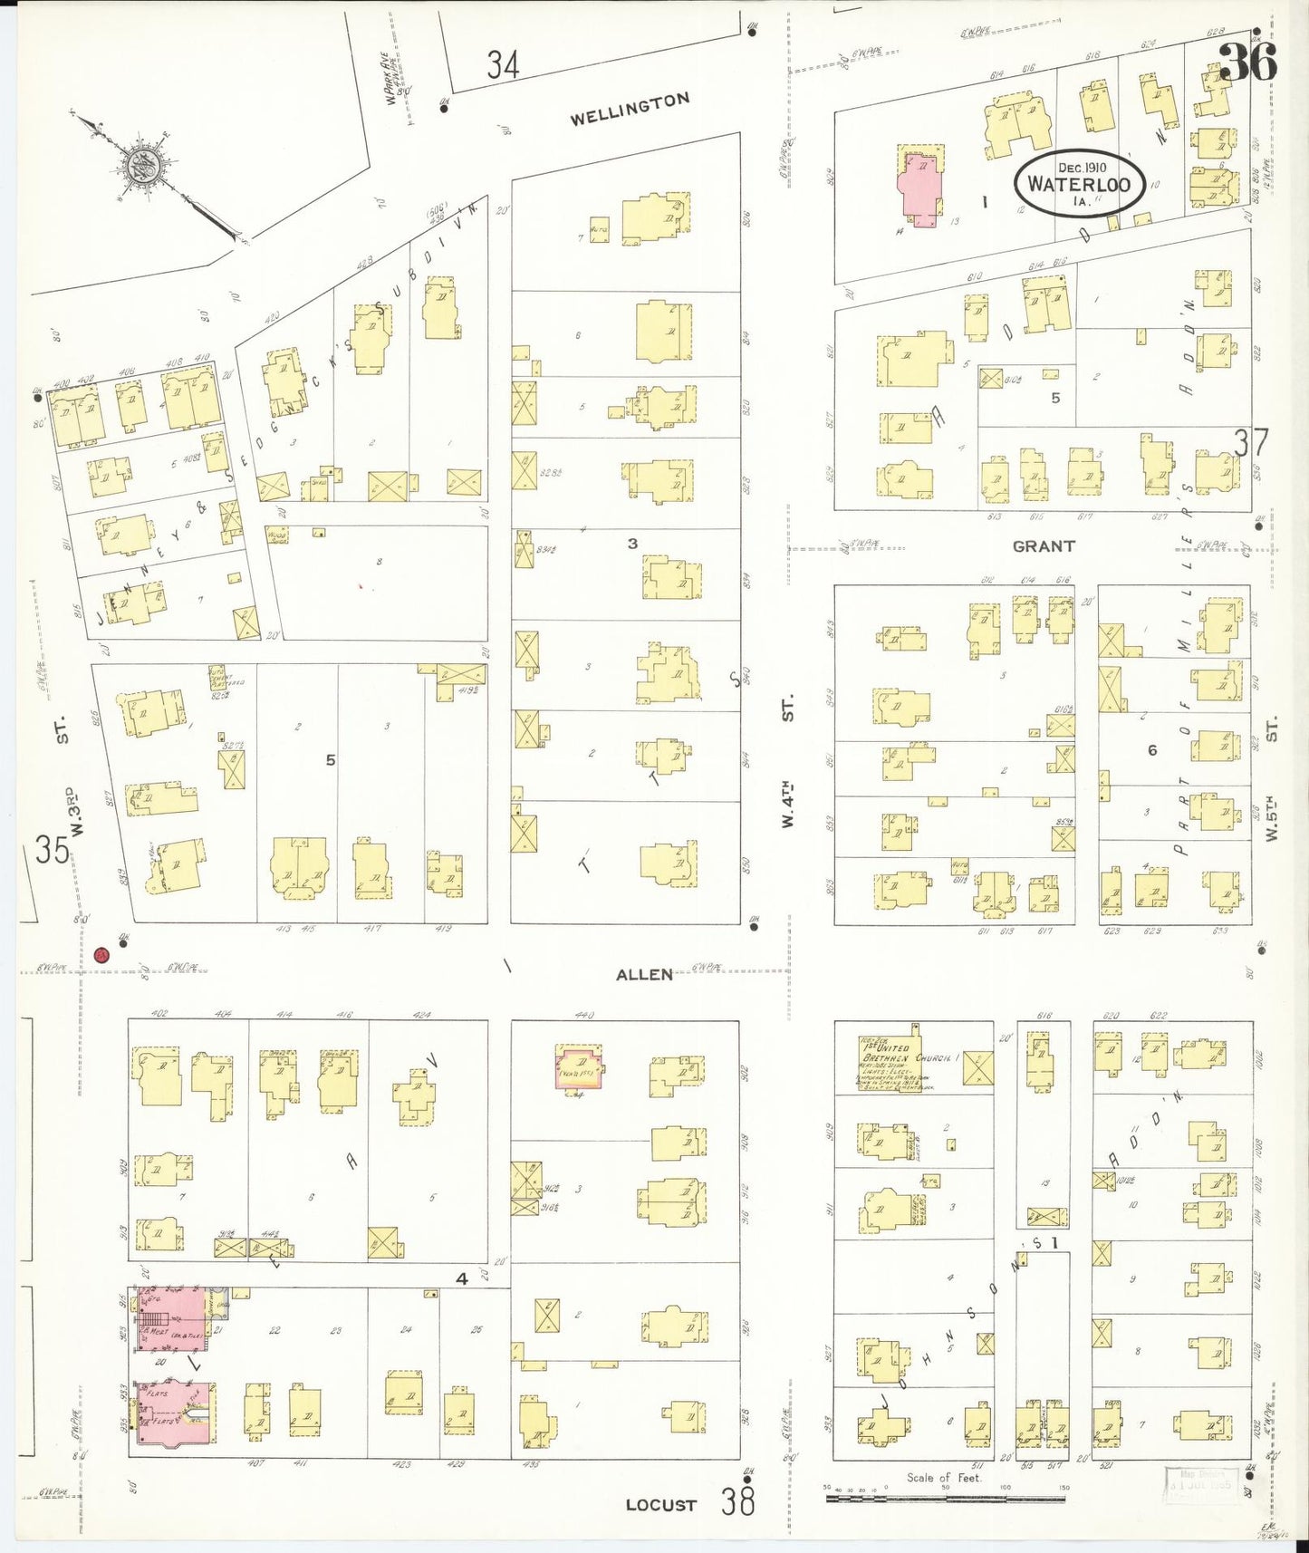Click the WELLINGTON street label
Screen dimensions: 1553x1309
(630, 109)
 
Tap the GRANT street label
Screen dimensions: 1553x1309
(1044, 546)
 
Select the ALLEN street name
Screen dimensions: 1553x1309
(644, 975)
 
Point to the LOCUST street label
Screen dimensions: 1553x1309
(661, 1505)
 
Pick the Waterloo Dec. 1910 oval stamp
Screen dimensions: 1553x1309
(1079, 183)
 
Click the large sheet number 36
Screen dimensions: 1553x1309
(1247, 62)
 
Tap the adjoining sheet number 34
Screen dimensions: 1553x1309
(503, 65)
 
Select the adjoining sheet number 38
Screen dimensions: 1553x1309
(738, 1502)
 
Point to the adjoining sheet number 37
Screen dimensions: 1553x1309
(1251, 443)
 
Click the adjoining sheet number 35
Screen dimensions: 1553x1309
(53, 850)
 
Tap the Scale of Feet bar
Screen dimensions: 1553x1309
(945, 1498)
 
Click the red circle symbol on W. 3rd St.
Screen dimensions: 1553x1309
(101, 954)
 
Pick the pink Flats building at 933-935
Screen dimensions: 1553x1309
(176, 1413)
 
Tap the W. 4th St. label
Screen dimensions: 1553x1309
(788, 761)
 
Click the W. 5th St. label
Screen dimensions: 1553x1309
(1272, 779)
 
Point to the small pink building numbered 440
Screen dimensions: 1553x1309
(578, 1066)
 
